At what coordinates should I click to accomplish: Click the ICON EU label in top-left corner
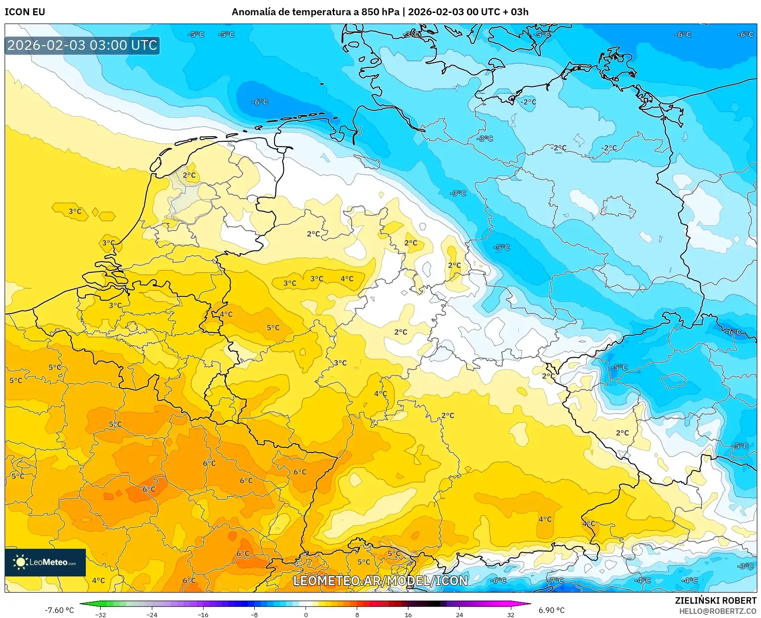click(x=25, y=12)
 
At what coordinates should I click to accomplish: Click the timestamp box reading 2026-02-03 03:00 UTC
click(x=82, y=45)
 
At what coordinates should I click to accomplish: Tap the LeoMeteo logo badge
click(x=45, y=562)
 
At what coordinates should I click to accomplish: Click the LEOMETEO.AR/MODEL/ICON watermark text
click(x=380, y=581)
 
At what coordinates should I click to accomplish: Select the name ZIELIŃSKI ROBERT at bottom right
click(x=715, y=600)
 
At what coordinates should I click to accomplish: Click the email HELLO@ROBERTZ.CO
click(x=717, y=611)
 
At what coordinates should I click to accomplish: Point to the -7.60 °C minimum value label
click(x=59, y=610)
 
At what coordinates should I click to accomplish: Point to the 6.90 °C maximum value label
click(x=551, y=610)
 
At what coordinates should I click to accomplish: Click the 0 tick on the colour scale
click(x=306, y=614)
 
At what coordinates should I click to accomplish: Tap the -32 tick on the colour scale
click(x=101, y=614)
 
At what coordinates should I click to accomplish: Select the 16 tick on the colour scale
click(x=408, y=614)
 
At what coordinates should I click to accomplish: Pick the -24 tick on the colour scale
click(x=152, y=614)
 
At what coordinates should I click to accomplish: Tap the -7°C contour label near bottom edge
click(x=557, y=580)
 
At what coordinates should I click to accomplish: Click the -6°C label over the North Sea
click(x=259, y=102)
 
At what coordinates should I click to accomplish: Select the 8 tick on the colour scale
click(x=357, y=614)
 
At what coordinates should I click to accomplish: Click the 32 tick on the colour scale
click(x=510, y=614)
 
